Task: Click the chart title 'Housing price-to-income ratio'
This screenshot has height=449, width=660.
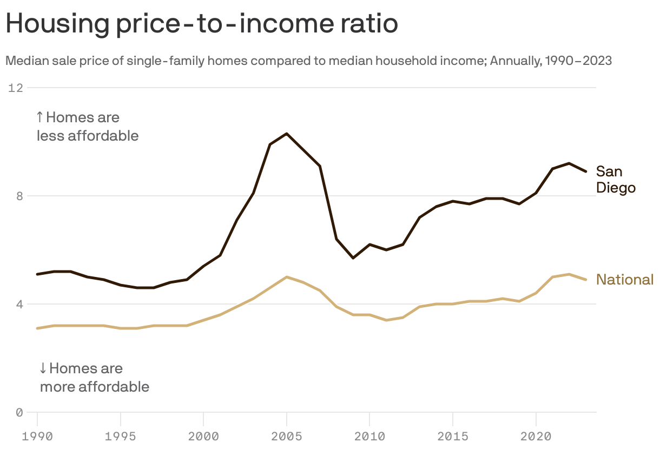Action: click(x=201, y=24)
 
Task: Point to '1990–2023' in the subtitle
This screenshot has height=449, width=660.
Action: click(x=578, y=61)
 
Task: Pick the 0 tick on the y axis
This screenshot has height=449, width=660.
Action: click(x=19, y=412)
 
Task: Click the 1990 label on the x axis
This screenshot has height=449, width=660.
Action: click(x=37, y=435)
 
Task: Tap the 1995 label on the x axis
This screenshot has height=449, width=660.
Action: click(x=120, y=435)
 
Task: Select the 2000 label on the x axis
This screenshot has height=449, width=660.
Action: click(x=203, y=435)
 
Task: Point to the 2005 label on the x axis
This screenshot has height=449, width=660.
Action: click(x=286, y=435)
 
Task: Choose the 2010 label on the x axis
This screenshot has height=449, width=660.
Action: click(x=369, y=435)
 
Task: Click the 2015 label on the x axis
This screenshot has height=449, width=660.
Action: click(x=452, y=435)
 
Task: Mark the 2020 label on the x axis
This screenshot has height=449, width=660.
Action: click(x=536, y=435)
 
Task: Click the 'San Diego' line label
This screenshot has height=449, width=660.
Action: click(x=615, y=180)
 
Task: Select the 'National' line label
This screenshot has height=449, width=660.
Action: click(x=625, y=280)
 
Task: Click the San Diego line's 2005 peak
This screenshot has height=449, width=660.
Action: click(x=286, y=134)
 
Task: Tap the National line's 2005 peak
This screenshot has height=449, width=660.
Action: click(x=286, y=277)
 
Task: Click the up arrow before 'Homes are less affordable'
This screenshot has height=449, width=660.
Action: click(x=39, y=117)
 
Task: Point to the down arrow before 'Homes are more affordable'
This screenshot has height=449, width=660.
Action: click(x=43, y=369)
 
